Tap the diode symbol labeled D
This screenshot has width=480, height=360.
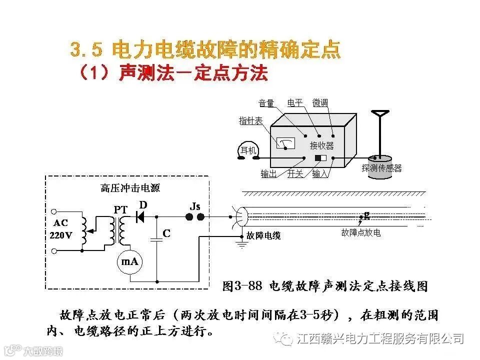click(140, 216)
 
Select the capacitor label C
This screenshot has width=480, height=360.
click(166, 233)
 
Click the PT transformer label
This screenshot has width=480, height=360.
click(120, 209)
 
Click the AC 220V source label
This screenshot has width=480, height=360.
click(61, 228)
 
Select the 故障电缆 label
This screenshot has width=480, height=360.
click(263, 235)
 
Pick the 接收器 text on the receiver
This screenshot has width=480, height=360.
click(321, 145)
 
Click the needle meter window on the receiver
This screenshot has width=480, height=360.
click(285, 143)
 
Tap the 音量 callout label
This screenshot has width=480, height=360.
click(266, 103)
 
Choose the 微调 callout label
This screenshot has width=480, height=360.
click(320, 103)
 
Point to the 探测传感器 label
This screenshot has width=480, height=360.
click(381, 168)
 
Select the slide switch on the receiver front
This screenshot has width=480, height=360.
click(320, 158)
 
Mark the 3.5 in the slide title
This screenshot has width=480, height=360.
click(86, 49)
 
